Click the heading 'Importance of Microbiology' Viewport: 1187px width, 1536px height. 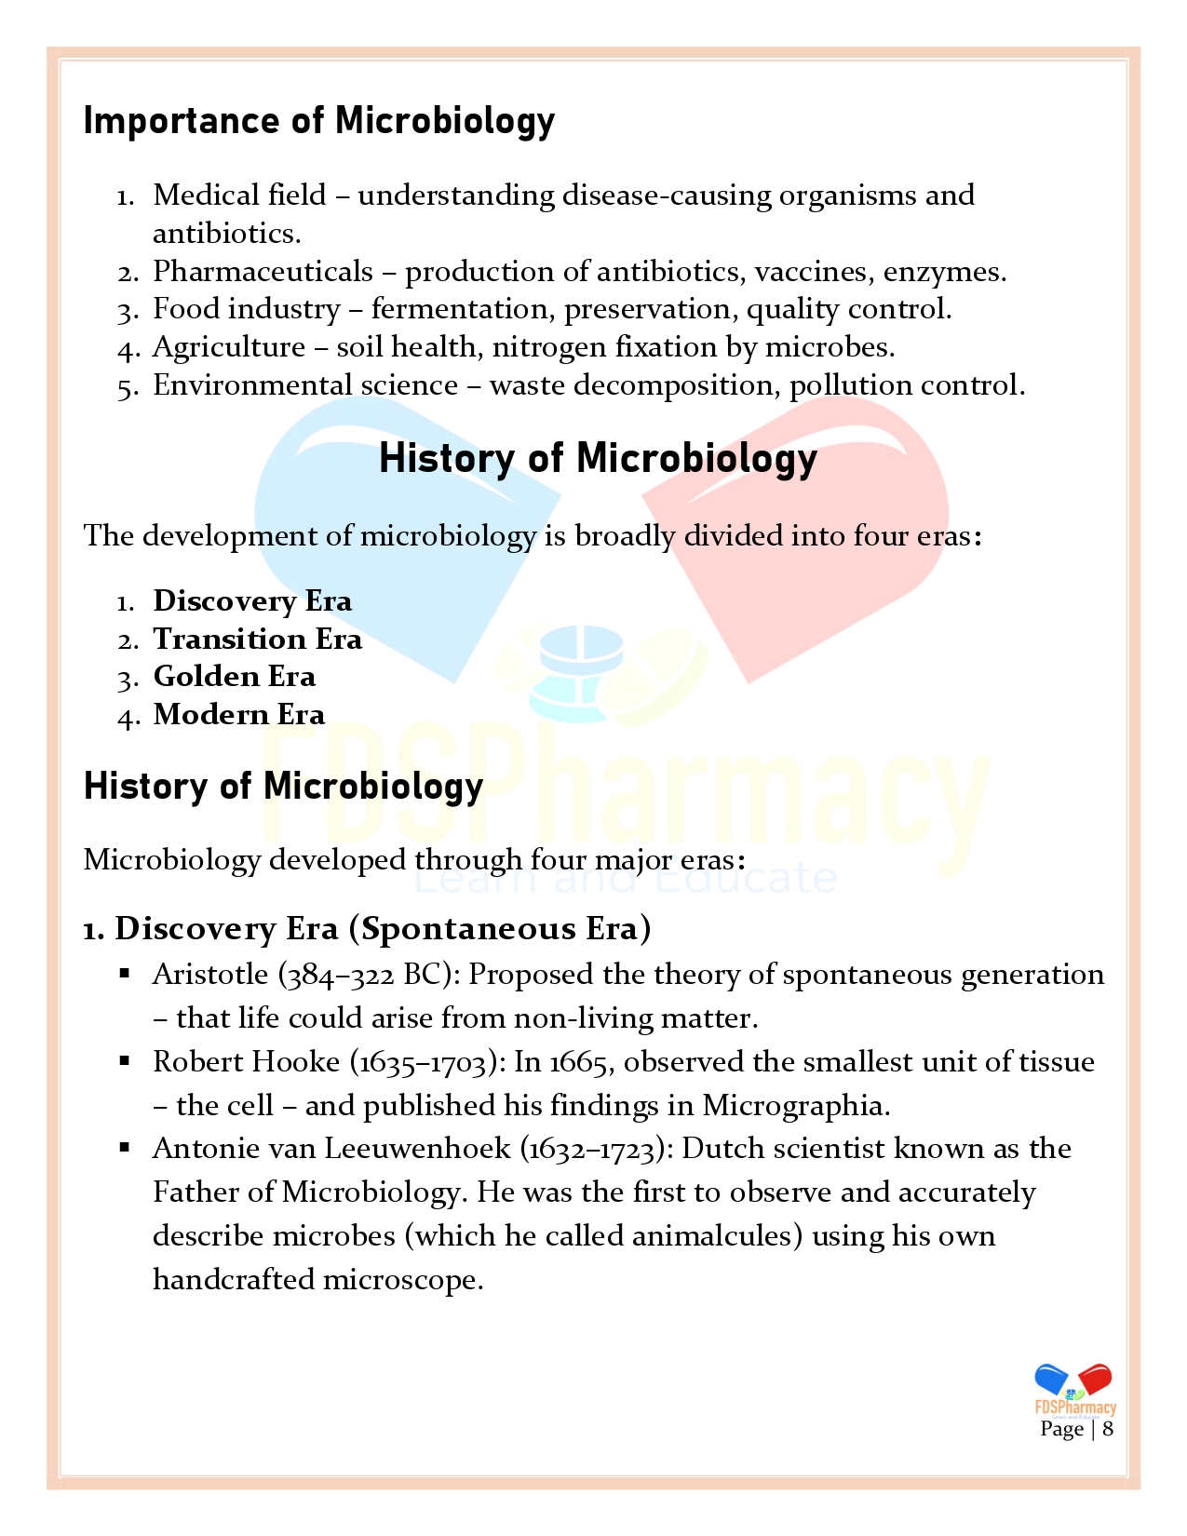coord(318,122)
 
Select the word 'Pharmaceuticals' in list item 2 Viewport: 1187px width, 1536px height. coord(263,272)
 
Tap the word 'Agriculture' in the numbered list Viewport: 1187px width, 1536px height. coord(229,347)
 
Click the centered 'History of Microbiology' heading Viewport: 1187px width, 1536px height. coord(598,459)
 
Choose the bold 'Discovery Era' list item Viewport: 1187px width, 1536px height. coord(252,601)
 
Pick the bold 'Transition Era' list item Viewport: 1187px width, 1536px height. coord(257,640)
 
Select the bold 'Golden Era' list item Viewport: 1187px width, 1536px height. coord(234,677)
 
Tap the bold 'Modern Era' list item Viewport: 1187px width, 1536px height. coord(238,715)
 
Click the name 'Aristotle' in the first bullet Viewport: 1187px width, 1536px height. coord(210,975)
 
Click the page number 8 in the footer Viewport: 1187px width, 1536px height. coord(1108,1429)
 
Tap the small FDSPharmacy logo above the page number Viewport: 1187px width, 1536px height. coord(1074,1388)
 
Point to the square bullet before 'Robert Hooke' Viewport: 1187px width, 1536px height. coord(125,1060)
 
